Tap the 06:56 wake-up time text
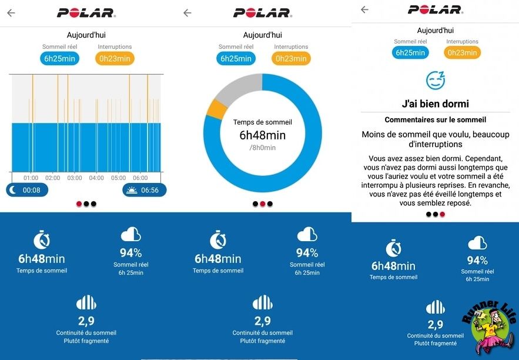click(150, 190)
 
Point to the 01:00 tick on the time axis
click(31, 178)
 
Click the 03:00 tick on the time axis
click(75, 178)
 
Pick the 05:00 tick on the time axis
click(119, 178)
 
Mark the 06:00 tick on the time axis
click(140, 178)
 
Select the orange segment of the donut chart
click(217, 110)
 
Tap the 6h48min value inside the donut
click(262, 135)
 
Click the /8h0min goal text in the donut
click(262, 148)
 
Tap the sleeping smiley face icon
click(436, 80)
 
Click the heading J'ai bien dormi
click(435, 104)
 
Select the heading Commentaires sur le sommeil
click(435, 119)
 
